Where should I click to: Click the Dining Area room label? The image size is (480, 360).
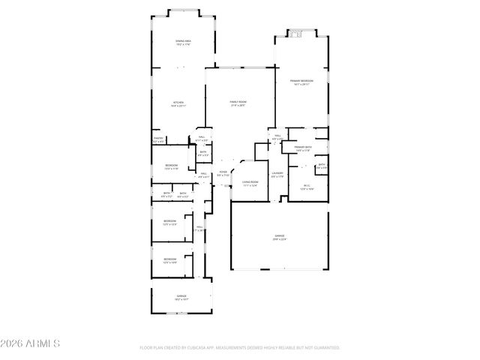tap(183, 42)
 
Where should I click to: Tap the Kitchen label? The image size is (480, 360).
tap(178, 103)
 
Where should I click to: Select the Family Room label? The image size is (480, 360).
tap(238, 103)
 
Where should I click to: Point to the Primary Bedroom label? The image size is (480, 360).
tap(301, 82)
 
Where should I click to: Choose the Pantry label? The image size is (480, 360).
tap(158, 139)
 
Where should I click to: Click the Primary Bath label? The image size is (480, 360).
tap(303, 148)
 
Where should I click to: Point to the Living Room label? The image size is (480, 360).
tap(250, 183)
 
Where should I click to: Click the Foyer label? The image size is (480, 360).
tap(223, 174)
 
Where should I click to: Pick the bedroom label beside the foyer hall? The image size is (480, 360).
tap(172, 166)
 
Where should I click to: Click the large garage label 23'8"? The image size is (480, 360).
tap(279, 238)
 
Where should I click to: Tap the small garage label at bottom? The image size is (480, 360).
tap(181, 297)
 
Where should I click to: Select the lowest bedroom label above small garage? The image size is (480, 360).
tap(170, 260)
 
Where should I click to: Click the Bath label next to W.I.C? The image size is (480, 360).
tap(321, 166)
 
